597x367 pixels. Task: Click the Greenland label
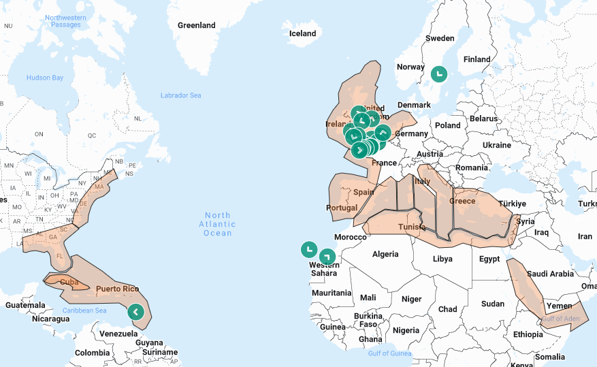pyautogui.click(x=196, y=25)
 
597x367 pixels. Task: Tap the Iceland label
pyautogui.click(x=303, y=33)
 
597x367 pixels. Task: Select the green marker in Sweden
pyautogui.click(x=439, y=73)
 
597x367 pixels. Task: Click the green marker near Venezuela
pyautogui.click(x=135, y=312)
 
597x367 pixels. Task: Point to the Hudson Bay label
pyautogui.click(x=44, y=78)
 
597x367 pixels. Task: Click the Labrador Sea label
pyautogui.click(x=181, y=95)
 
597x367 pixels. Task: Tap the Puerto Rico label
pyautogui.click(x=117, y=289)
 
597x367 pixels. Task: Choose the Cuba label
pyautogui.click(x=69, y=282)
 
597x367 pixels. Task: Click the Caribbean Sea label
pyautogui.click(x=84, y=310)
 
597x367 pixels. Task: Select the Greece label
pyautogui.click(x=462, y=201)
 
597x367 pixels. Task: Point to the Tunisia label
pyautogui.click(x=412, y=227)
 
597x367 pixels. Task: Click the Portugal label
pyautogui.click(x=342, y=208)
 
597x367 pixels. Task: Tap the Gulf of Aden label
pyautogui.click(x=561, y=319)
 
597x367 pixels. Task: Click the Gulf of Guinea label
pyautogui.click(x=391, y=353)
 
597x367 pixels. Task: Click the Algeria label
pyautogui.click(x=385, y=254)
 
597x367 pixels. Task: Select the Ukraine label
pyautogui.click(x=496, y=145)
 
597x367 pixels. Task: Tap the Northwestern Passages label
pyautogui.click(x=66, y=20)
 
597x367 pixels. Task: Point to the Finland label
pyautogui.click(x=477, y=59)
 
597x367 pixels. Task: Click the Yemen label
pyautogui.click(x=560, y=306)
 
